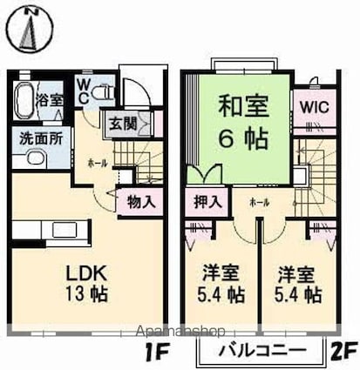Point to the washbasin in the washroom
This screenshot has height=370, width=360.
pyautogui.click(x=32, y=158)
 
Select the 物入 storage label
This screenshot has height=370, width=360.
pyautogui.click(x=142, y=202)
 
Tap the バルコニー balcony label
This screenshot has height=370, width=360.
pyautogui.click(x=262, y=352)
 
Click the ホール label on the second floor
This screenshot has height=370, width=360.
pyautogui.click(x=259, y=201)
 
